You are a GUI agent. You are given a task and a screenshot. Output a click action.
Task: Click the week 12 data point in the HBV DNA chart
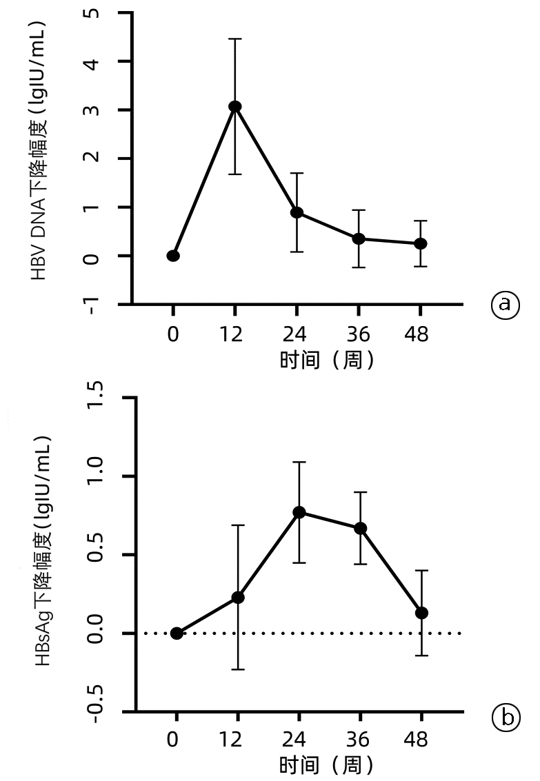coord(235,106)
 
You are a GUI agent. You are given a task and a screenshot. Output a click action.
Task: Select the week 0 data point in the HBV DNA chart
coord(173,256)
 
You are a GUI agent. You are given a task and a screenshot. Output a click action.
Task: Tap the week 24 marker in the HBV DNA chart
coord(297,212)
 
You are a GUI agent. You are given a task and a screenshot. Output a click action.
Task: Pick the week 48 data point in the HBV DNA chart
coord(420,244)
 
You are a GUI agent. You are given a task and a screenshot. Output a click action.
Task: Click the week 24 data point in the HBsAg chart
coord(299,512)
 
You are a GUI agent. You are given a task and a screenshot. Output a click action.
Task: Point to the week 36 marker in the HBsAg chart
coord(360,529)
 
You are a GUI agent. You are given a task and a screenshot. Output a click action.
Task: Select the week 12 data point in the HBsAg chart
coord(238,598)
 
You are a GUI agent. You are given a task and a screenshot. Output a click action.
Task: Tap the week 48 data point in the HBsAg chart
coord(421,613)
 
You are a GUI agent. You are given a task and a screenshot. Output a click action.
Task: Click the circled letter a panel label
coord(505,303)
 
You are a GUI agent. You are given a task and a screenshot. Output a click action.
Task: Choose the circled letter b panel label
coord(505,718)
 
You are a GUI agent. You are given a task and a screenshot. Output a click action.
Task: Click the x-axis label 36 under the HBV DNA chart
coord(358,335)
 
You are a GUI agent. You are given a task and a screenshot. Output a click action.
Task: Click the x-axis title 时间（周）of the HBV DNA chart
coord(328,360)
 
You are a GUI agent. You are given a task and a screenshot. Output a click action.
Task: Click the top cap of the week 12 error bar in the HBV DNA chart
coord(235,39)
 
